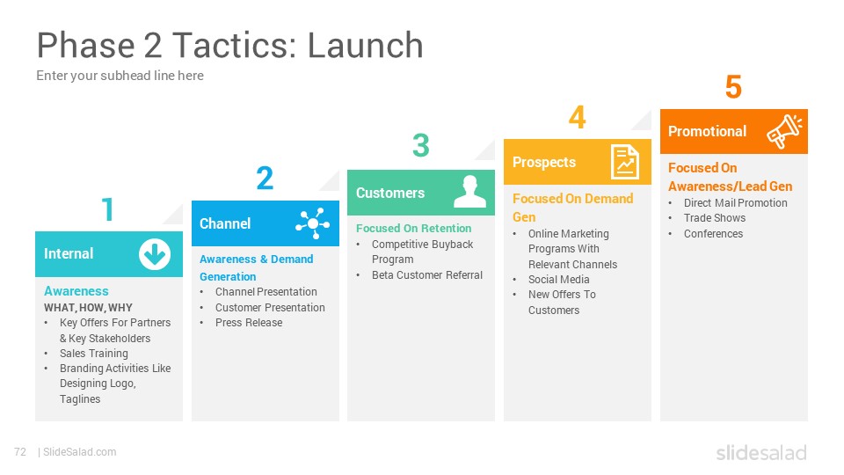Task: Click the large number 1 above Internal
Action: [x=107, y=209]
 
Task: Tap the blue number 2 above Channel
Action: [x=265, y=179]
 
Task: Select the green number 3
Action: [x=421, y=145]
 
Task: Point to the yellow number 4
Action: [x=577, y=116]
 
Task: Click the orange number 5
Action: [x=733, y=87]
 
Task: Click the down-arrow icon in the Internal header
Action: [x=155, y=254]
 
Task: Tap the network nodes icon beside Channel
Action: [x=313, y=223]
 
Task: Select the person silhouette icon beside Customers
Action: [x=469, y=191]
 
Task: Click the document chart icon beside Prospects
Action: [x=625, y=162]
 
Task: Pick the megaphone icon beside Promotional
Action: [x=784, y=131]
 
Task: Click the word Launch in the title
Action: [x=366, y=45]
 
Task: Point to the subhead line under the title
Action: [x=120, y=76]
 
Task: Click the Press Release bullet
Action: [x=249, y=323]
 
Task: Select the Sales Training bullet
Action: [x=94, y=354]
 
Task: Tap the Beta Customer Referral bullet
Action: [x=427, y=275]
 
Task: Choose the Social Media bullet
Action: [x=559, y=280]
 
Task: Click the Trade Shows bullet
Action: [x=714, y=218]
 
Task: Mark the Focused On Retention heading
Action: [x=413, y=229]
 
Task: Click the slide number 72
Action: [x=20, y=452]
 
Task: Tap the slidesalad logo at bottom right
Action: [x=761, y=452]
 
